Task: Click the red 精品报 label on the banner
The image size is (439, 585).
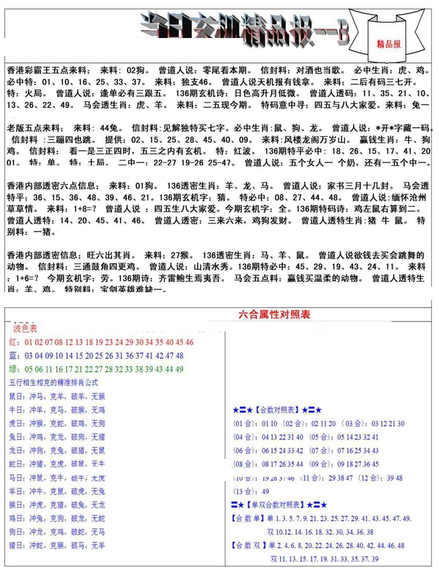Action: click(389, 44)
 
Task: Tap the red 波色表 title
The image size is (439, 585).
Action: click(25, 328)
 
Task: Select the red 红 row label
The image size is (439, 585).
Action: click(13, 342)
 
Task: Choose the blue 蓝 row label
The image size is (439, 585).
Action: click(13, 356)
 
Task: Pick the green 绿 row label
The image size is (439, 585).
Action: click(13, 369)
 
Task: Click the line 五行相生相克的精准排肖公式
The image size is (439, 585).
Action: click(53, 383)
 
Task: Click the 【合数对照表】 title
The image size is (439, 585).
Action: click(277, 410)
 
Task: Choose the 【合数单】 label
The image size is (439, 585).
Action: click(248, 518)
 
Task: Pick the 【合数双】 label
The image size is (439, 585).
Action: click(248, 546)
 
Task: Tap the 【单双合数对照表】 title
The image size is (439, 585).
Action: click(275, 505)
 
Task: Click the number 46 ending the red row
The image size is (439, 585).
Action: click(189, 342)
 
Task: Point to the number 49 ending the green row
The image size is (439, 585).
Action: click(179, 369)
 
